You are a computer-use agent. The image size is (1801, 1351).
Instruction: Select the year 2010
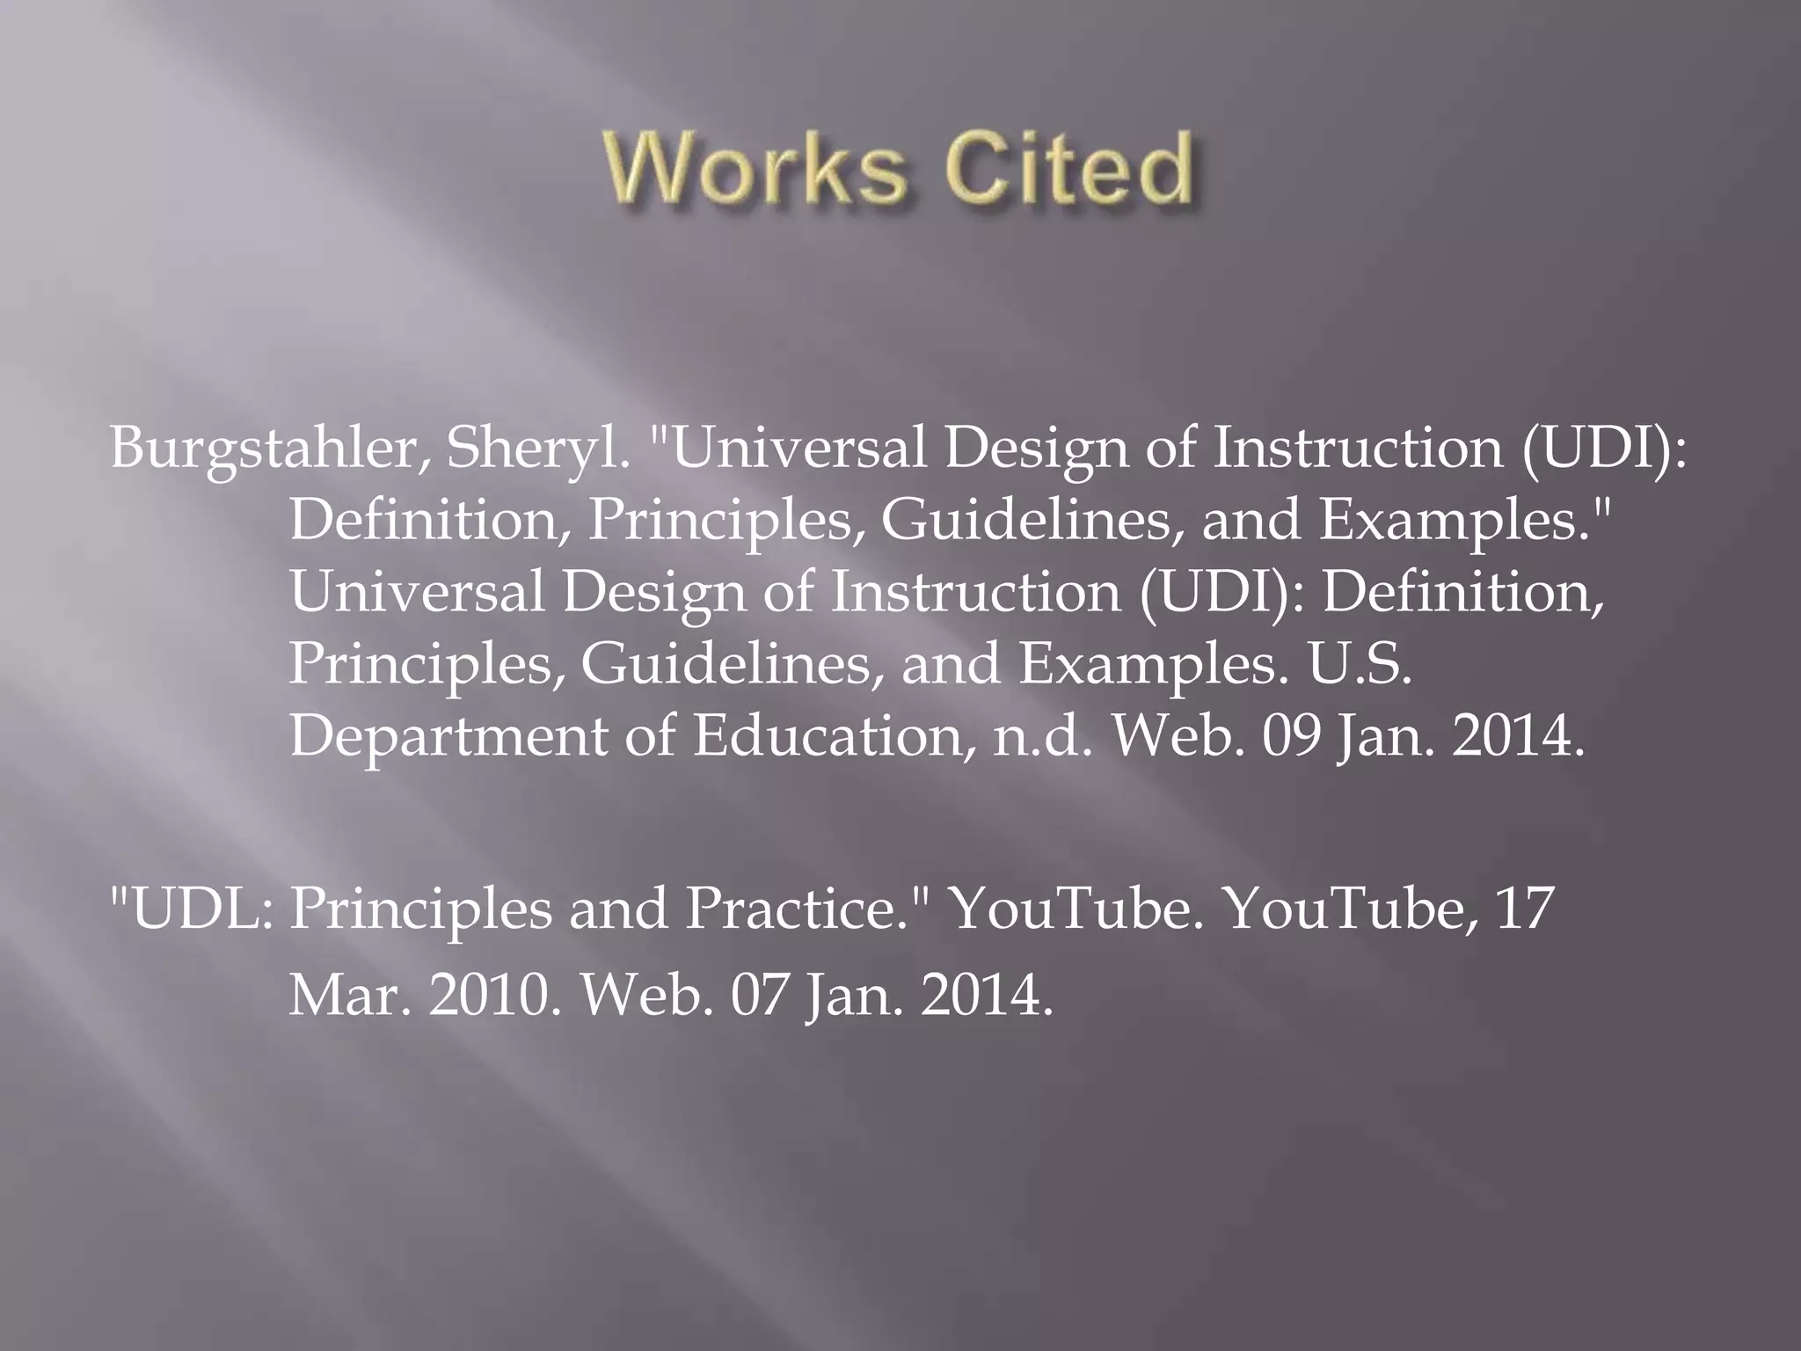[x=494, y=997]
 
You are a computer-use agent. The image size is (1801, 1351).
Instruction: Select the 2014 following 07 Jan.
[x=986, y=997]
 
